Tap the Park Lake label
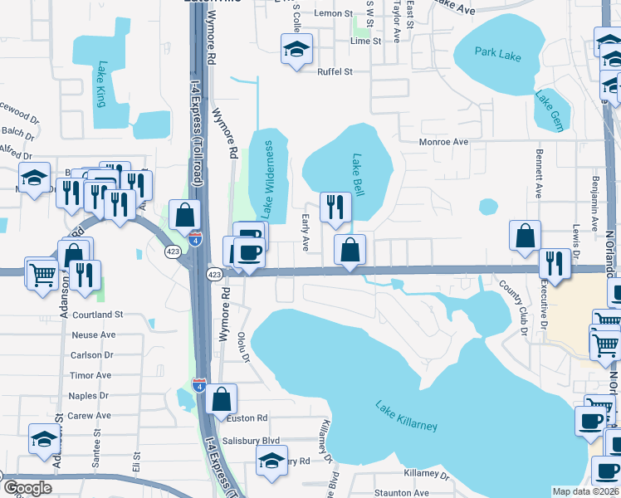coord(498,54)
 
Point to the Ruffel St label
coord(335,72)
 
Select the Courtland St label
coord(97,315)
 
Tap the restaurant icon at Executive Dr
coord(554,262)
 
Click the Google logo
coord(27,488)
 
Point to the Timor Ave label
coord(91,376)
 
